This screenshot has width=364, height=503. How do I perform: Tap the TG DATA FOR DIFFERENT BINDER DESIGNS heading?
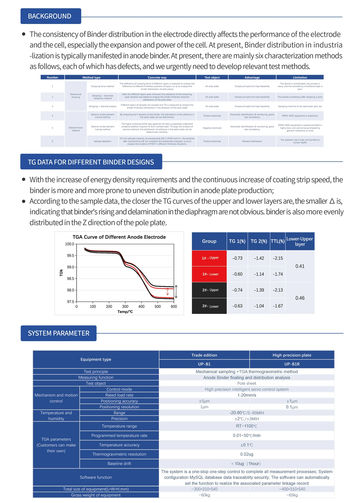[91, 162]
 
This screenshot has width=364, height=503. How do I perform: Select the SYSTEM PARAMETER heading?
[59, 333]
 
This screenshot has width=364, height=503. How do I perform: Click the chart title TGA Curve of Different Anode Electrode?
[119, 237]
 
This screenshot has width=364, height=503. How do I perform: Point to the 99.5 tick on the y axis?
[70, 255]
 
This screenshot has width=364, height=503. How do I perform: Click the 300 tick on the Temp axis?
[125, 306]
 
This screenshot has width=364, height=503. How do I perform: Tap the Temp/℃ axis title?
[125, 312]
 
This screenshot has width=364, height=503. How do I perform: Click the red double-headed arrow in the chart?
[167, 292]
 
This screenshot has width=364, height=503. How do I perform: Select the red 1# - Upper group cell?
[209, 258]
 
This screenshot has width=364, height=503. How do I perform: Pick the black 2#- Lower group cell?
[209, 306]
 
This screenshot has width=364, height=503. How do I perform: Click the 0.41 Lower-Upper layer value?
[300, 266]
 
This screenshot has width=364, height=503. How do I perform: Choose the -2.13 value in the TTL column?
[278, 290]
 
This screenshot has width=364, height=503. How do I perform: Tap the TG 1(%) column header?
[237, 241]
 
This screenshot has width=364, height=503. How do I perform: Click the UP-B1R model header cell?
[292, 364]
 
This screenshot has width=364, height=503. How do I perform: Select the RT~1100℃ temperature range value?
[246, 426]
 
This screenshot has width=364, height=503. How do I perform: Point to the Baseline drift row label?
[119, 464]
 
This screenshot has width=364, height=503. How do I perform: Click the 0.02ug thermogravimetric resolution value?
[246, 454]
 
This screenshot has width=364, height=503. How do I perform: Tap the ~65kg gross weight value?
[292, 495]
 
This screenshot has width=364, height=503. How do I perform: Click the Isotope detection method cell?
[103, 141]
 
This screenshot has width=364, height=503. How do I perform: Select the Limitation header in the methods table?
[300, 77]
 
